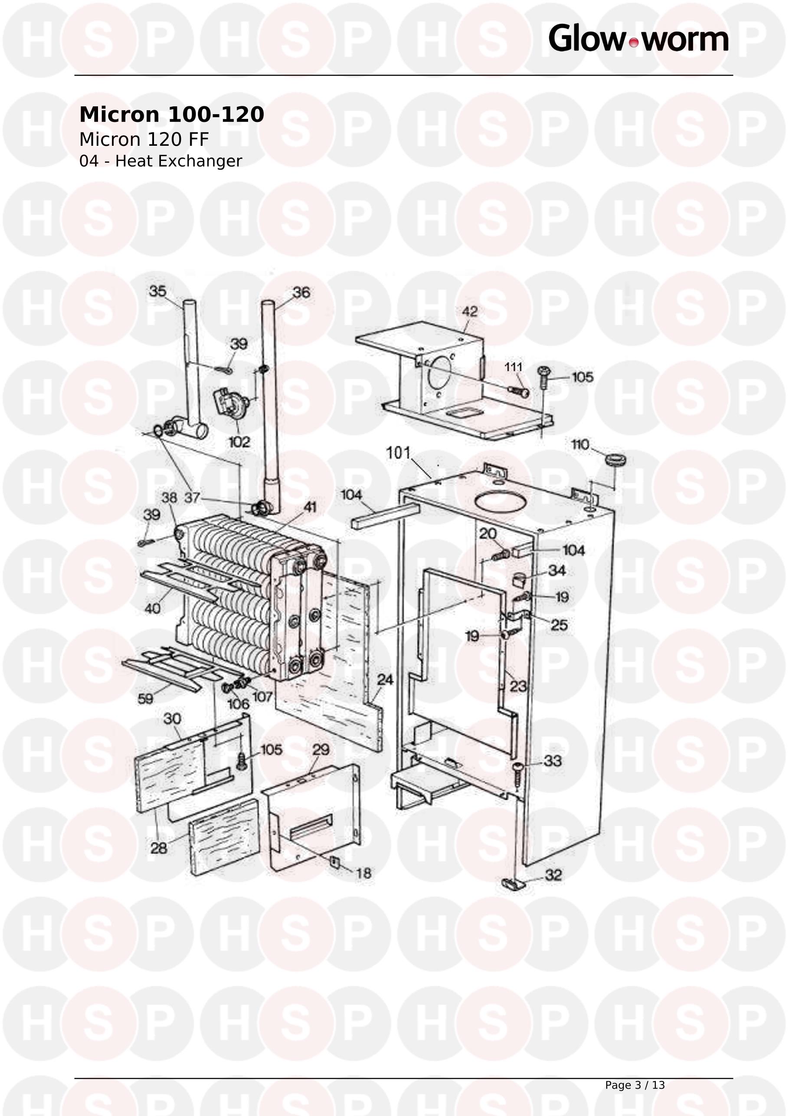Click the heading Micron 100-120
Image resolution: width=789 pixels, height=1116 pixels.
[171, 115]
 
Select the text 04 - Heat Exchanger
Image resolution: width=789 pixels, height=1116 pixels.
[160, 161]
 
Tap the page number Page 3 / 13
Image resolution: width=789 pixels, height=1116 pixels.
[635, 1085]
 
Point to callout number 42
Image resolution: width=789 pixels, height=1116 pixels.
[469, 312]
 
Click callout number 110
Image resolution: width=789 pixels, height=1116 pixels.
[580, 444]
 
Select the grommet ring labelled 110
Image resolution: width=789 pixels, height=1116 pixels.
[615, 460]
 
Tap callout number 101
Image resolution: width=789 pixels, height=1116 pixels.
[398, 453]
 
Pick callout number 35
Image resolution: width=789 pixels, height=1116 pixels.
[157, 291]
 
